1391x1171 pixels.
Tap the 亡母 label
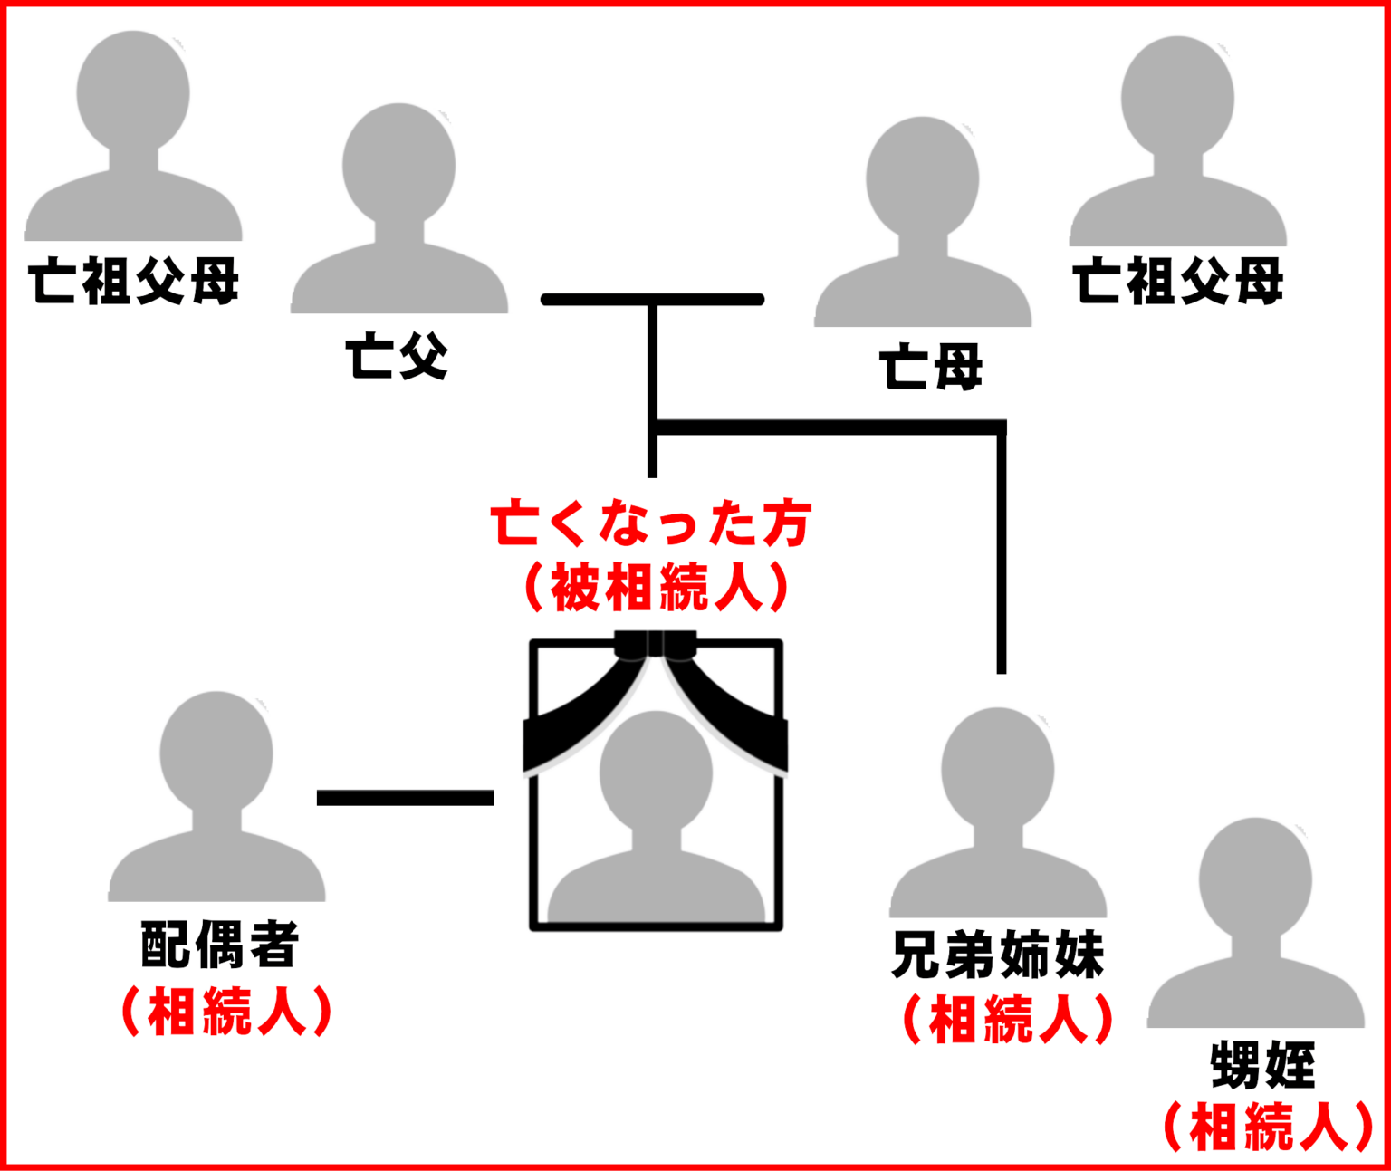tap(931, 367)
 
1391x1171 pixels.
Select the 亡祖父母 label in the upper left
tap(133, 281)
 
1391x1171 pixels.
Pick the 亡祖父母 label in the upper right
tap(1178, 281)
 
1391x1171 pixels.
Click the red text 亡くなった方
tap(651, 523)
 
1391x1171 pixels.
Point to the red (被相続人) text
tap(657, 587)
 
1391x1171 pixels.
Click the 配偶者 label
tap(220, 944)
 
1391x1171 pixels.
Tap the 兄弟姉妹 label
tap(998, 955)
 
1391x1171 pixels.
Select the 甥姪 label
tap(1263, 1065)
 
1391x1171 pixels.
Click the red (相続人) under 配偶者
tap(226, 1012)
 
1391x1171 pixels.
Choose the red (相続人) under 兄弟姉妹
tap(1008, 1020)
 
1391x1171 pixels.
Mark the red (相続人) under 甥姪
tap(1269, 1127)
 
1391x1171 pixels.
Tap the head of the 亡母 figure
tap(923, 178)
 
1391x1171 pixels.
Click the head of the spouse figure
tap(216, 753)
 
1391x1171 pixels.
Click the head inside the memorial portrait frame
tap(657, 773)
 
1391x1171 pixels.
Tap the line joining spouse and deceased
tap(405, 797)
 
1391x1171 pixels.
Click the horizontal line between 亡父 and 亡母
tap(652, 299)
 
